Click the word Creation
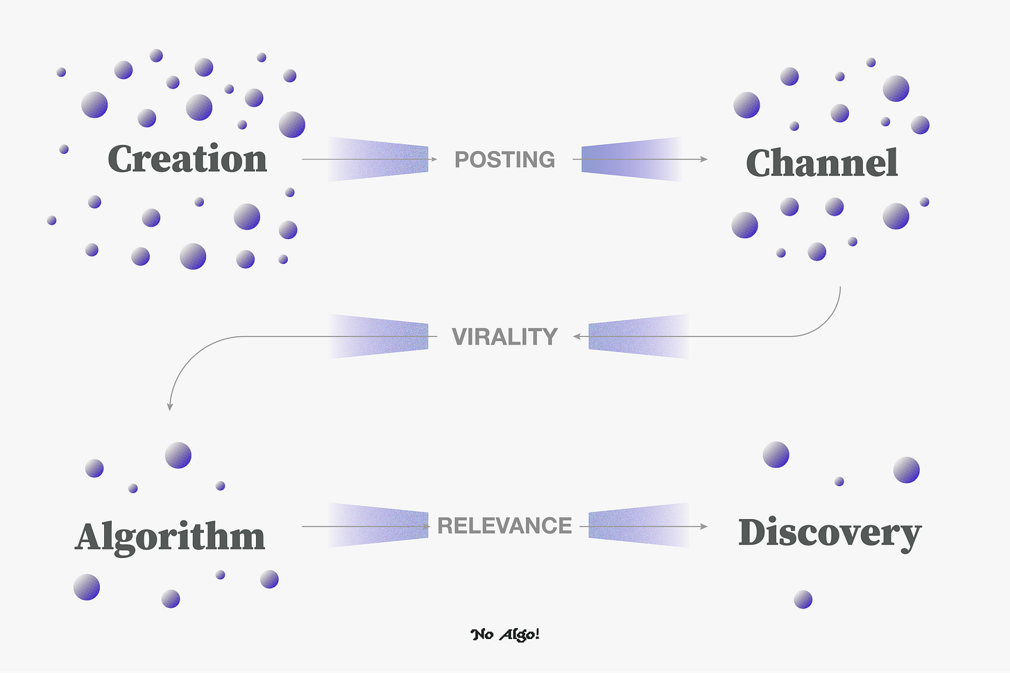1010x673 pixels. (187, 159)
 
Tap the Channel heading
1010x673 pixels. (822, 164)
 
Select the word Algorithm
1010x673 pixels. (170, 537)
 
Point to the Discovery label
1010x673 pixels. (830, 534)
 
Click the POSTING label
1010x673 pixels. (504, 159)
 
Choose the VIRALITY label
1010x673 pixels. (504, 337)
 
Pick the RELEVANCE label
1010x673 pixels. (504, 526)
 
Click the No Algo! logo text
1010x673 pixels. (505, 634)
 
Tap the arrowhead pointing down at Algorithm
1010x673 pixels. (169, 407)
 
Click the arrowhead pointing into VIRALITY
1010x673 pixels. (576, 337)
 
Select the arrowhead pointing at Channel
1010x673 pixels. (703, 159)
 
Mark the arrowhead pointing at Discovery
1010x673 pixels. (703, 527)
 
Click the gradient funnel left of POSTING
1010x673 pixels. (378, 159)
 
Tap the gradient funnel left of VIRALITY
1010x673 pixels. (378, 337)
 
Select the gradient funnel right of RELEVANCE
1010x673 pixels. (638, 526)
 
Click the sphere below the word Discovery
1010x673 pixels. (803, 600)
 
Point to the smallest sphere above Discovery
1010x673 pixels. (839, 481)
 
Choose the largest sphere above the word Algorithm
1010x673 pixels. (178, 455)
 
